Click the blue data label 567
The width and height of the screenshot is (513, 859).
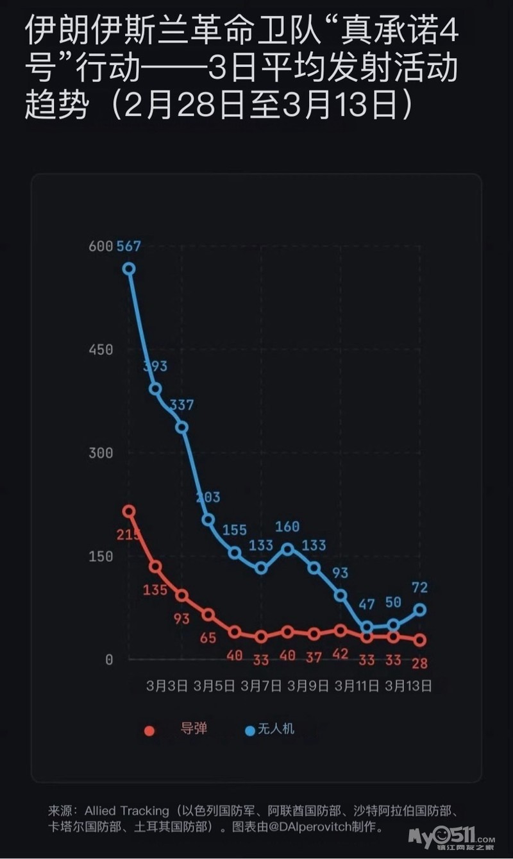coord(129,246)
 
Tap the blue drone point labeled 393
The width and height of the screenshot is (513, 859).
coord(155,389)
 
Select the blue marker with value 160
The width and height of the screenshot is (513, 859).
coord(287,549)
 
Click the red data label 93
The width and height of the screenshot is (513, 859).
coord(181,618)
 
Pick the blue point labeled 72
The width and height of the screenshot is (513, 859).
coord(420,609)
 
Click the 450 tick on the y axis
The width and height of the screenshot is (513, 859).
coord(101,350)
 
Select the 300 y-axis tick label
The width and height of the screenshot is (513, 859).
coord(101,453)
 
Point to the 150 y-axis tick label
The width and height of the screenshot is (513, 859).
coord(101,556)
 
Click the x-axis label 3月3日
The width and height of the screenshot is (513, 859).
coord(167,686)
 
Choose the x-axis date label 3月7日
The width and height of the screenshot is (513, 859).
coord(261,686)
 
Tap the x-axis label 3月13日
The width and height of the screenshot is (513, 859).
coord(408,686)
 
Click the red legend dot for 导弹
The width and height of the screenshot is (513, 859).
coord(149,730)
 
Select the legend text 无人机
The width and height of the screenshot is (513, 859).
coord(276,729)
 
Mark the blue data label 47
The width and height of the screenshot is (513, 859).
coord(366,604)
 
